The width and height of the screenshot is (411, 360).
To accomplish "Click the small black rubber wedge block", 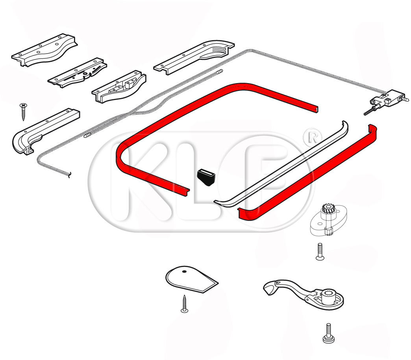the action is [x=206, y=178].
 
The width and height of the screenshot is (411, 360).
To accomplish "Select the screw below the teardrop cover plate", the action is [x=185, y=304].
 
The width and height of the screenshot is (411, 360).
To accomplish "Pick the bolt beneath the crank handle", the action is [x=329, y=333].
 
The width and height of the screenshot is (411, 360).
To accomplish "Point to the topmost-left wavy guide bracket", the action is [x=45, y=50].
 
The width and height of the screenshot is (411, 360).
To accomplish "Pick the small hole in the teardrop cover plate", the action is [x=184, y=271].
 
